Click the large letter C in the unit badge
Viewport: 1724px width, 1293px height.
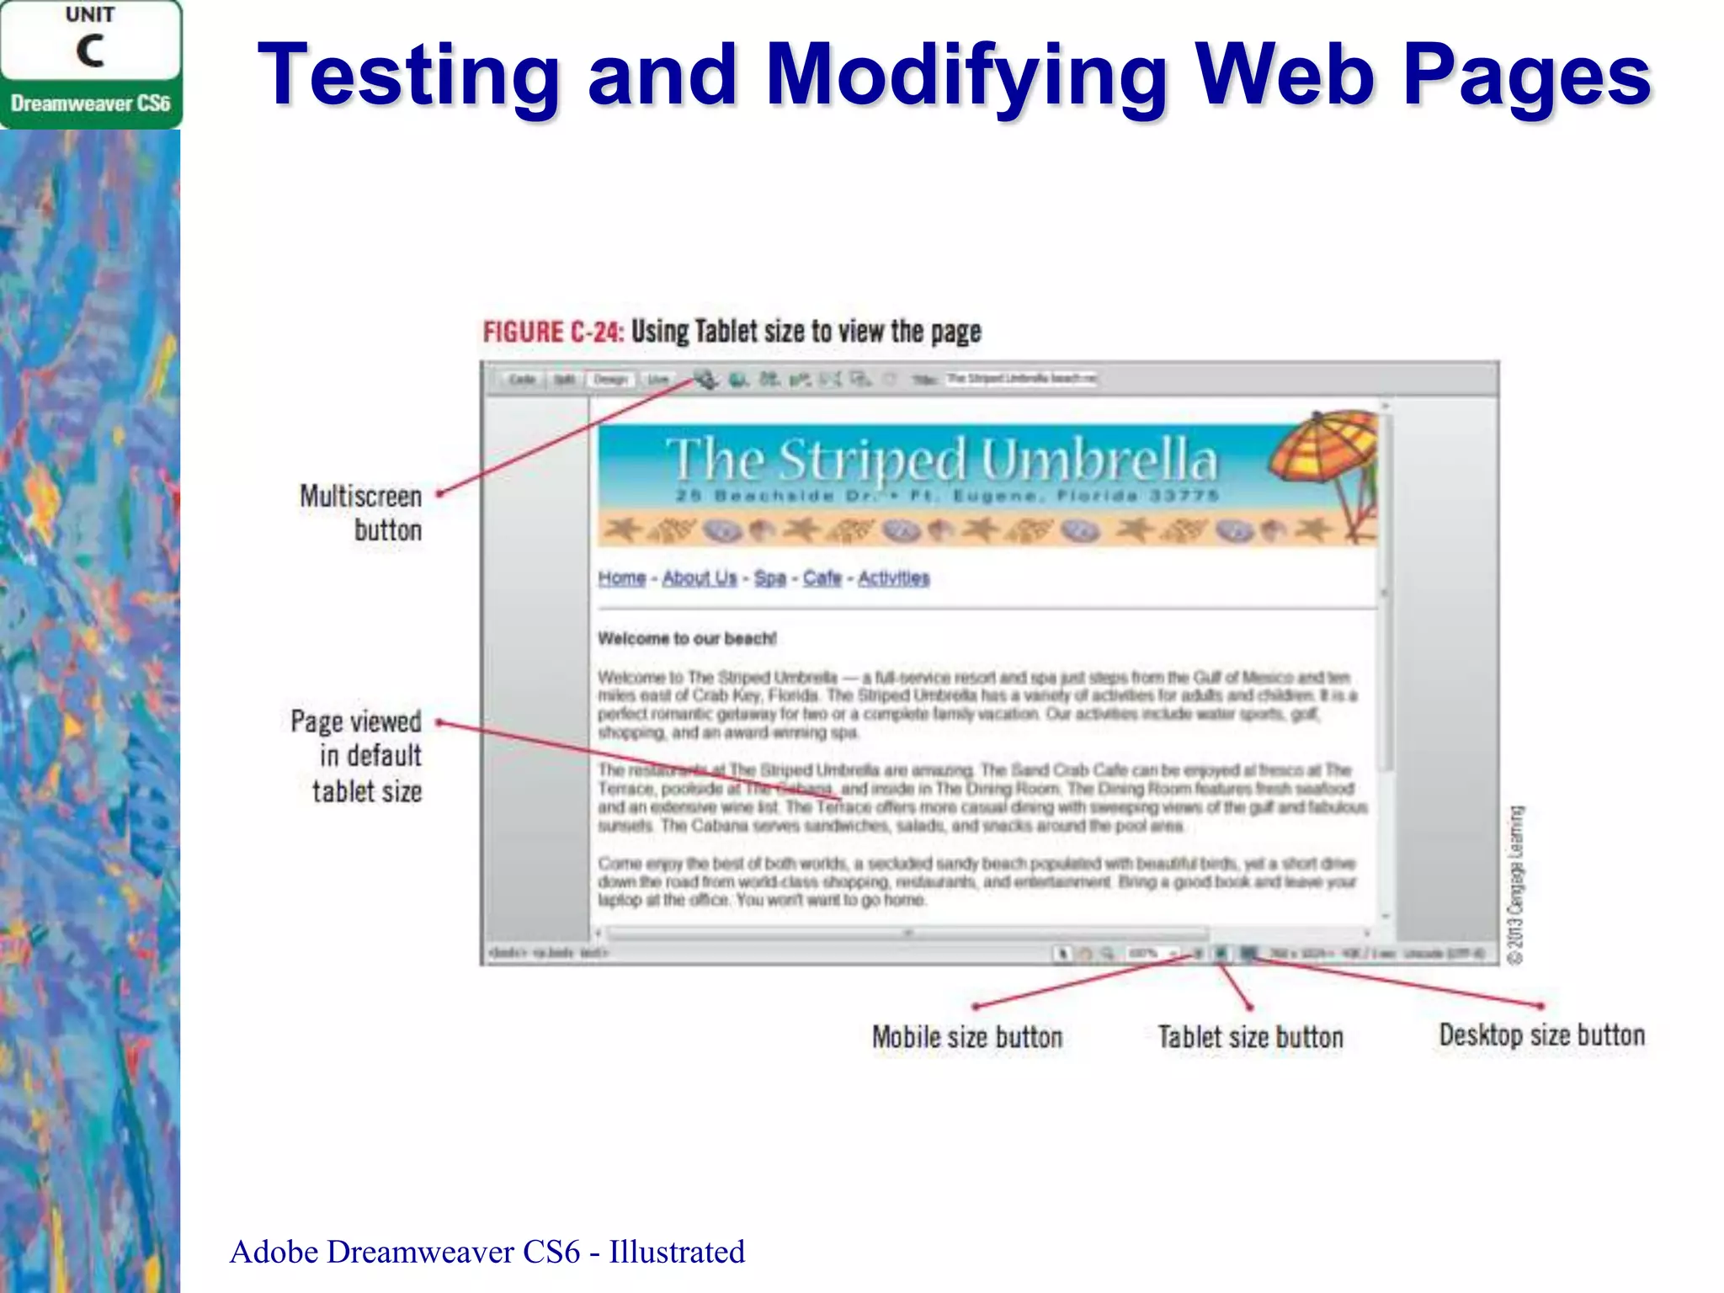coord(90,51)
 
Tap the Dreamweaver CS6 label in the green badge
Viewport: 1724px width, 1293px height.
coord(90,104)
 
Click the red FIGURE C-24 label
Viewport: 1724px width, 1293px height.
coord(552,332)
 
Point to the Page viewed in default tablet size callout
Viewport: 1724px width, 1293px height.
coord(358,756)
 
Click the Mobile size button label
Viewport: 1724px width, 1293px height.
coord(967,1037)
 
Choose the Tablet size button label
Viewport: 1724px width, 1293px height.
coord(1250,1037)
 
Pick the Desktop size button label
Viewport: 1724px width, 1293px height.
coord(1541,1035)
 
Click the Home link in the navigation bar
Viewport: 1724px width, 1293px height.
coord(622,578)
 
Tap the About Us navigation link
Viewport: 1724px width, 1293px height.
coord(700,578)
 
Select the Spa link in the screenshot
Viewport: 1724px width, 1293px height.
coord(769,578)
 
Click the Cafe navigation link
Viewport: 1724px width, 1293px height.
coord(822,578)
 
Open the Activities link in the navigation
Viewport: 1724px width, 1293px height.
coord(894,578)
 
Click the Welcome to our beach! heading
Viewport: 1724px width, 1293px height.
coord(687,639)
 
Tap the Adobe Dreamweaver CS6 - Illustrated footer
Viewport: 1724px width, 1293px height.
coord(487,1252)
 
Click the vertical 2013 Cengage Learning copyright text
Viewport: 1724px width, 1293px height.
coord(1516,884)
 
